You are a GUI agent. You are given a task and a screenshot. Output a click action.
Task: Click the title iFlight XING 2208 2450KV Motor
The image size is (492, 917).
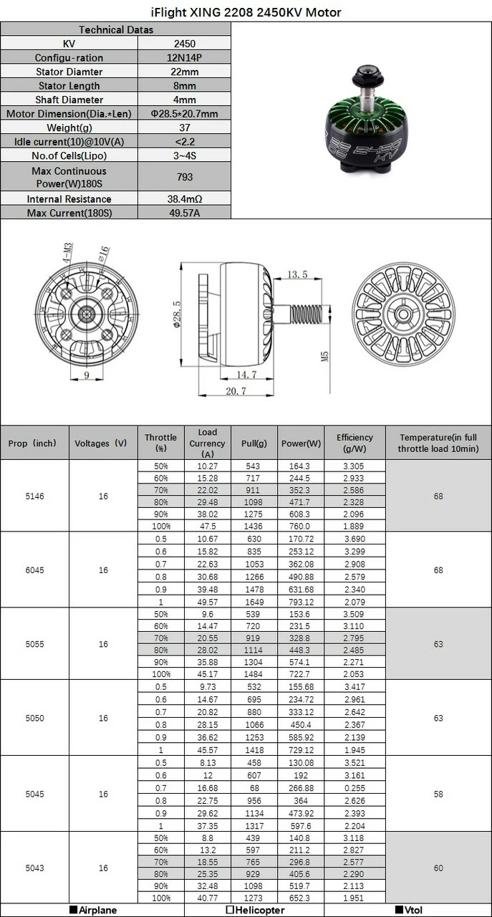[x=246, y=12]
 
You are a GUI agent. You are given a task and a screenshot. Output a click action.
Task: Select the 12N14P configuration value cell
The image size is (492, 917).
[x=184, y=57]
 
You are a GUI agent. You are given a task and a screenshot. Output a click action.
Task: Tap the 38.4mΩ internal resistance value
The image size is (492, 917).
[x=184, y=199]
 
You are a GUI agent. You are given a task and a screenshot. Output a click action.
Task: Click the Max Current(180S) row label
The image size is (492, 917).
[x=69, y=213]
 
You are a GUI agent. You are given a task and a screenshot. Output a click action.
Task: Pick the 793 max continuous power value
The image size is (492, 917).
[x=184, y=176]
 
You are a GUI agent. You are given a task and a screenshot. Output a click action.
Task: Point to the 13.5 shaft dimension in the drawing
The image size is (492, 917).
[x=297, y=274]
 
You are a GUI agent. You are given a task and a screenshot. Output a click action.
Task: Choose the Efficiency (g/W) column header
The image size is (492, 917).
[x=354, y=443]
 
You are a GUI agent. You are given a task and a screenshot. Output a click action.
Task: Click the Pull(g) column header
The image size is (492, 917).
[x=254, y=443]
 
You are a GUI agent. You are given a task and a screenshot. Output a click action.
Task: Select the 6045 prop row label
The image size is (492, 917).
[x=34, y=570]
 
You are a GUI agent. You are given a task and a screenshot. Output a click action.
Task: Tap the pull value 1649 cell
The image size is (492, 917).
[x=254, y=602]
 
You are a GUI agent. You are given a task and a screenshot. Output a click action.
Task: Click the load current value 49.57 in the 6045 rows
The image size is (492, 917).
[x=207, y=602]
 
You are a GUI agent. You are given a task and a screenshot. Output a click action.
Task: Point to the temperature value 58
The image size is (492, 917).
[x=438, y=794]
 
